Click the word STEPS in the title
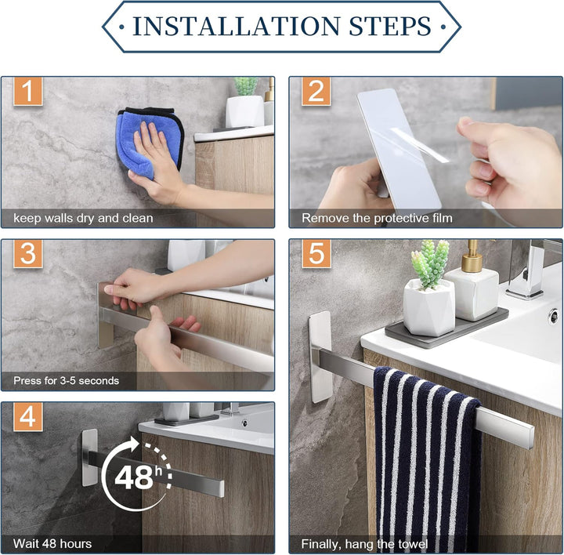pos(390,27)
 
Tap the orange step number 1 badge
pos(28,91)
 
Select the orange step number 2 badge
pos(316,91)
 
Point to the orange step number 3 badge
pos(28,254)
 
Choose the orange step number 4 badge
pos(28,417)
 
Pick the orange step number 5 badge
pos(316,254)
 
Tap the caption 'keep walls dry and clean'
pos(83,218)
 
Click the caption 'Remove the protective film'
pos(377,218)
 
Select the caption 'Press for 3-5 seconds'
pos(66,381)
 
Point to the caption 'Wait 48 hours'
pos(52,543)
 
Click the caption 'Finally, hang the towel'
pos(364,544)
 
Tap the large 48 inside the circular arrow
pos(134,477)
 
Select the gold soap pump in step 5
pos(472,256)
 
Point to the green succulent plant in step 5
pos(431,263)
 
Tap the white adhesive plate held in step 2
pos(399,150)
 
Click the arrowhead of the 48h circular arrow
pos(134,444)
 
